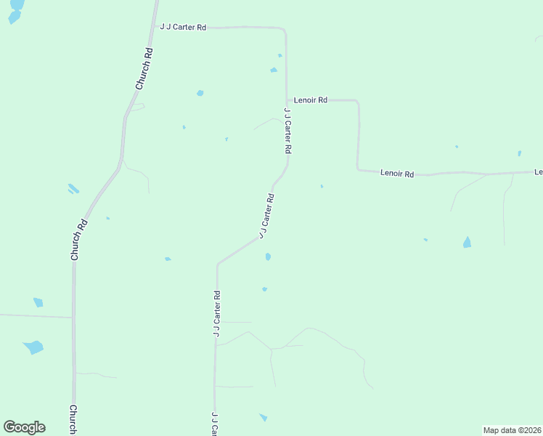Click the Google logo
(25, 427)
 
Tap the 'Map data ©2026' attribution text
(512, 430)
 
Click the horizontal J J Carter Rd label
(184, 27)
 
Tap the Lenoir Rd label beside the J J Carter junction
(311, 100)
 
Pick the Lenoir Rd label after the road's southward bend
(397, 174)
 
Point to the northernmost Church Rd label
(144, 68)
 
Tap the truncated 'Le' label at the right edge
(538, 171)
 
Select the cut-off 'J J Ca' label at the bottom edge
(215, 424)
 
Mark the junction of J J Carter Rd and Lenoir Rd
(287, 100)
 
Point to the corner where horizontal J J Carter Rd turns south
(285, 31)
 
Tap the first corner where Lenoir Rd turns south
(357, 102)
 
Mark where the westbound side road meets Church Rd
(73, 318)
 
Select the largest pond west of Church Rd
(33, 347)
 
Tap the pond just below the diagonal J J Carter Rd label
(268, 257)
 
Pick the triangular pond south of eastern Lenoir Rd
(467, 242)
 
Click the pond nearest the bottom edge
(263, 417)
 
